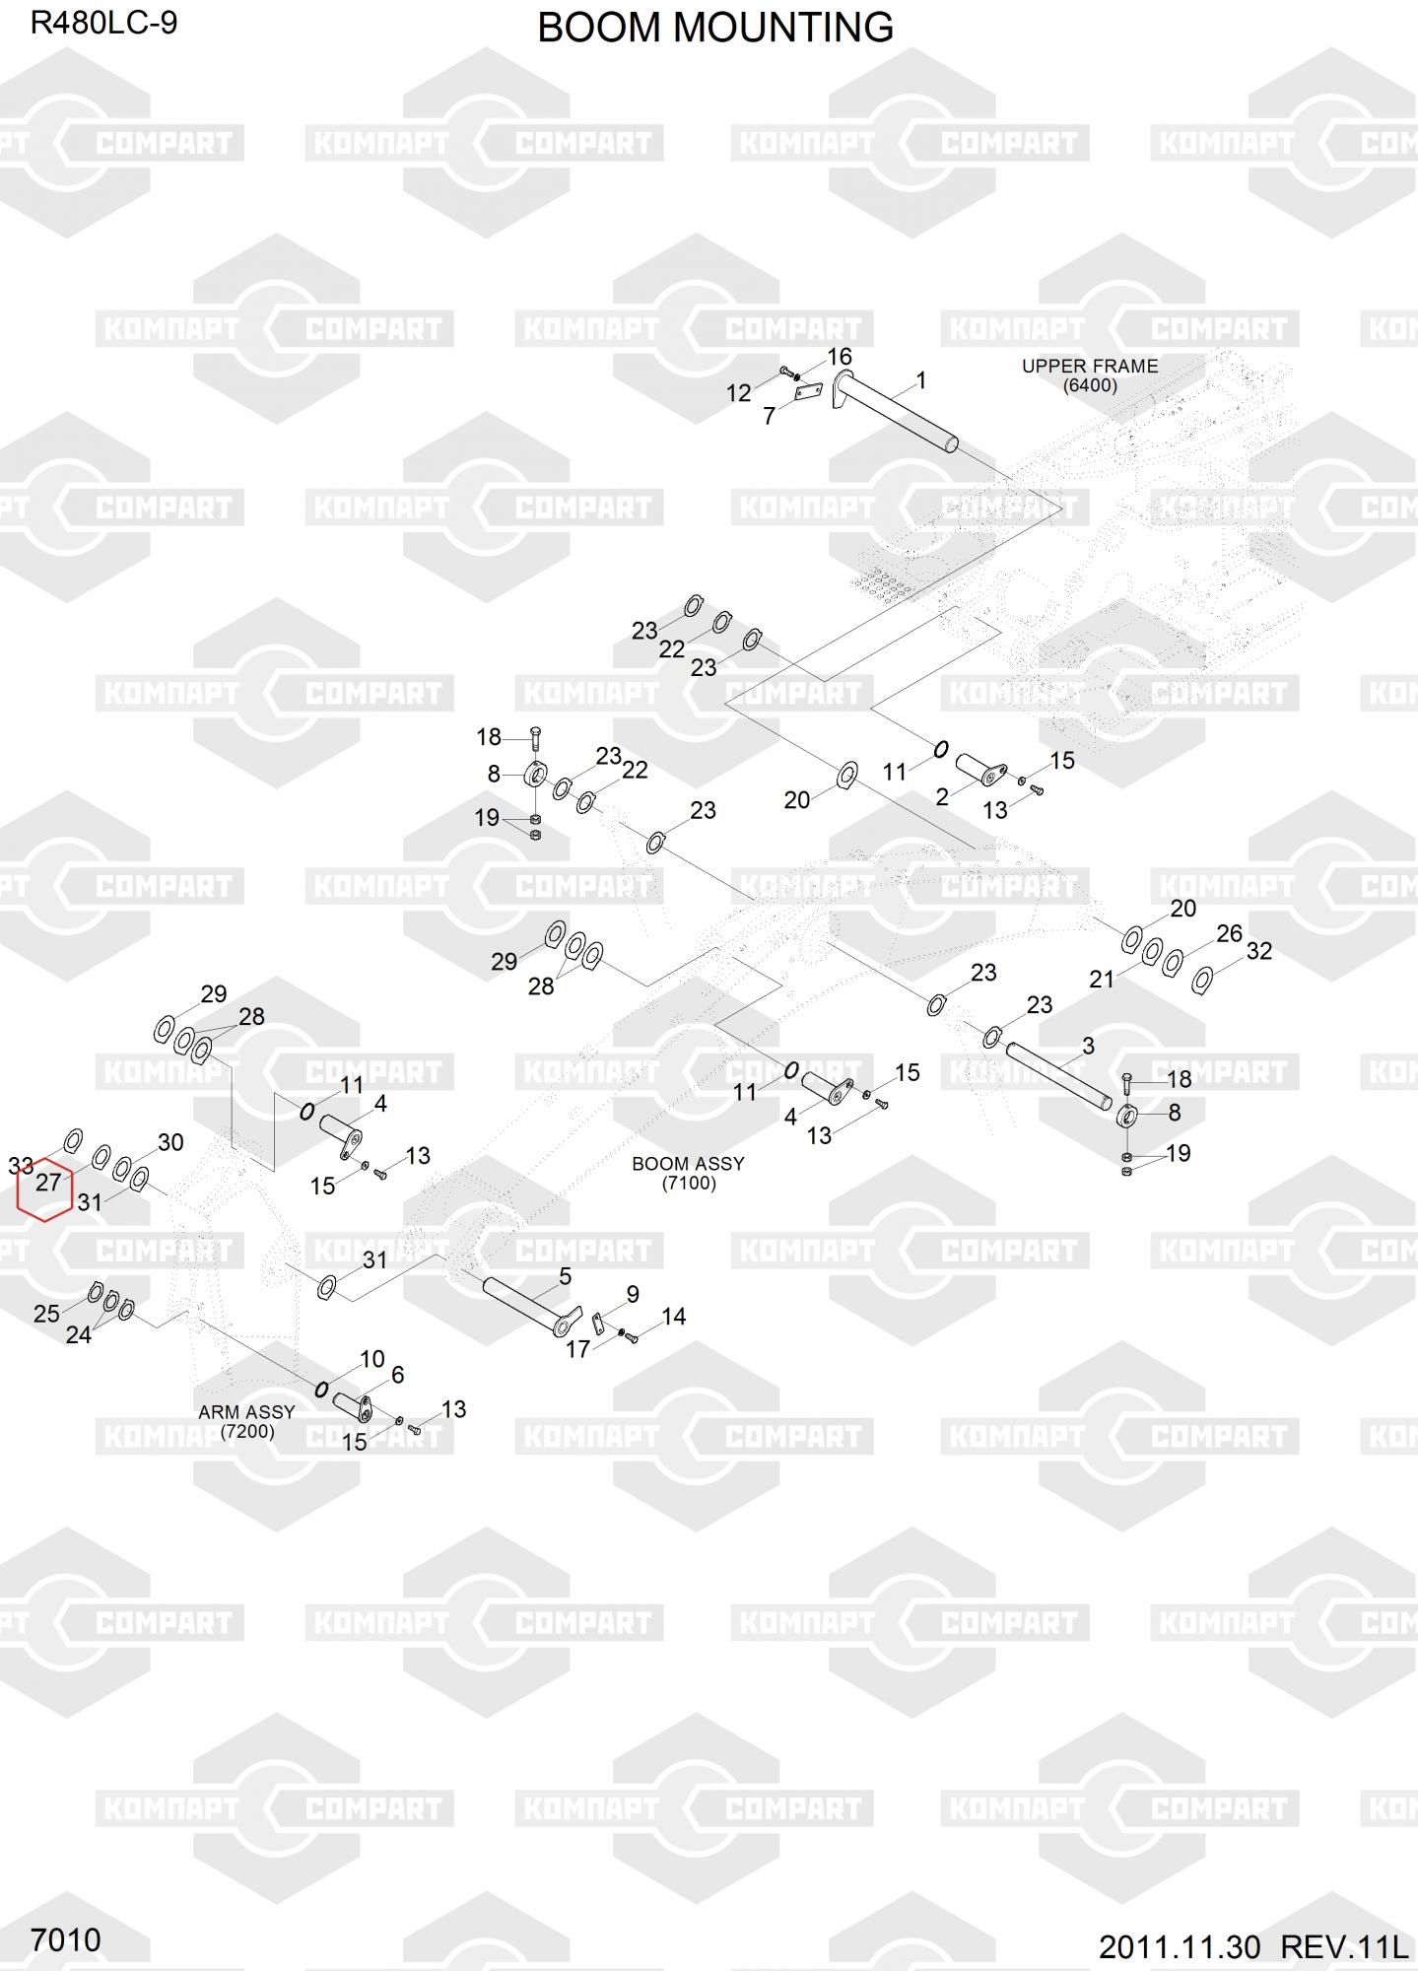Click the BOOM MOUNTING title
[715, 28]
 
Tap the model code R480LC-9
[103, 23]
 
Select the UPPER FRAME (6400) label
[1090, 375]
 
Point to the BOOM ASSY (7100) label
[688, 1173]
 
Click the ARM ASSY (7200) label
[246, 1421]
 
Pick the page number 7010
[66, 1939]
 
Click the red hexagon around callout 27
[45, 1189]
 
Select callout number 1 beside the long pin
[921, 380]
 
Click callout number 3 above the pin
[1088, 1046]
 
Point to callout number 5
[565, 1276]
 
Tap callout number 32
[1259, 951]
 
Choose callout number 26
[1229, 933]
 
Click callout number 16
[840, 357]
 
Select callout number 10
[372, 1359]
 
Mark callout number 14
[674, 1317]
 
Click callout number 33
[21, 1167]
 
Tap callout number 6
[398, 1375]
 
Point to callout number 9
[633, 1294]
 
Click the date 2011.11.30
[1180, 1947]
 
